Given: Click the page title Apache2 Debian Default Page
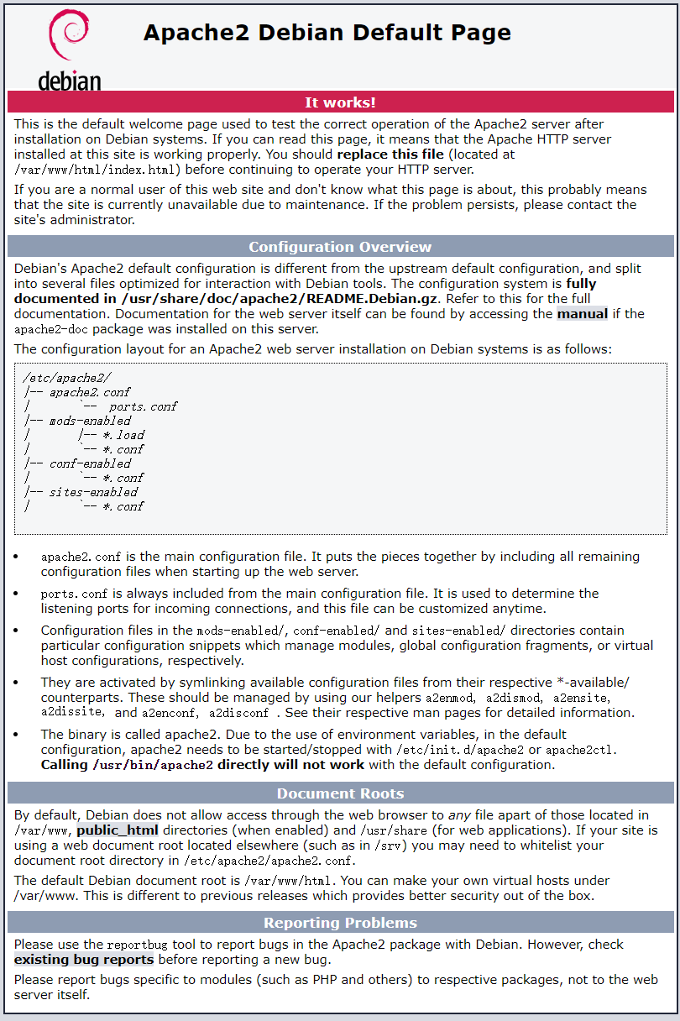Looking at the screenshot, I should [x=327, y=33].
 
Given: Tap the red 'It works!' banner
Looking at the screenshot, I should [x=340, y=102].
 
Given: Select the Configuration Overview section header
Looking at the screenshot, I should [x=340, y=247].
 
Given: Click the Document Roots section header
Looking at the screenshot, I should [x=340, y=793].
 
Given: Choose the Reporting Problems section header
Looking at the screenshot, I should [x=340, y=923].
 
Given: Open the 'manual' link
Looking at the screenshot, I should [x=583, y=314].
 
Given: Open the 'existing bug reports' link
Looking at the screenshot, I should [x=84, y=960].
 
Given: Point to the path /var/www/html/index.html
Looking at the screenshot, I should [x=93, y=170].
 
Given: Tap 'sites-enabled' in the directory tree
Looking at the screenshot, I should [x=92, y=492].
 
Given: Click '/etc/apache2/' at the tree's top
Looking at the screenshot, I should [x=66, y=378].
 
